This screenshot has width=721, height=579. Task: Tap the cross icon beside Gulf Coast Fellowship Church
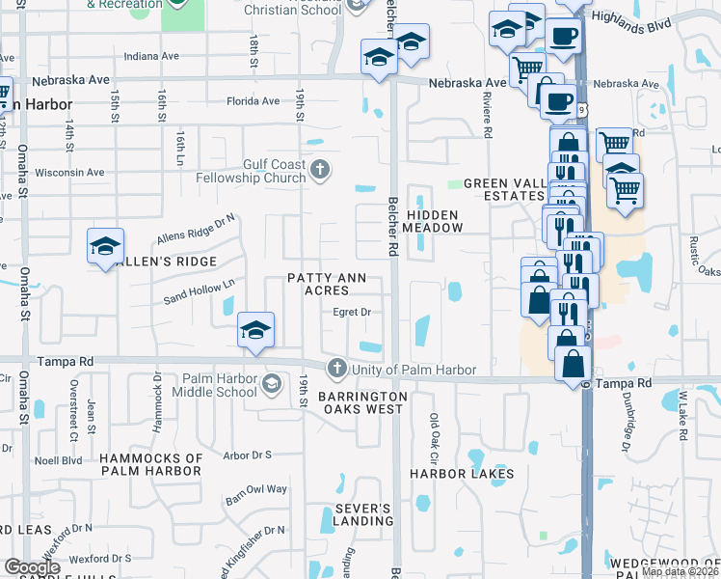tap(321, 172)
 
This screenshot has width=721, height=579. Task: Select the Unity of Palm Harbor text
tap(415, 370)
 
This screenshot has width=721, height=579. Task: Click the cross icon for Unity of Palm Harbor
tap(336, 368)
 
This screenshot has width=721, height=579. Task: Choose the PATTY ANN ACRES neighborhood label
tap(326, 285)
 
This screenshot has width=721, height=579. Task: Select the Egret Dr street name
tap(352, 313)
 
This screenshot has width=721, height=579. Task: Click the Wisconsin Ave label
tap(68, 173)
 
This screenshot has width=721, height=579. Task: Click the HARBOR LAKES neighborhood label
tap(461, 474)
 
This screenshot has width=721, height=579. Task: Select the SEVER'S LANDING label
tap(363, 514)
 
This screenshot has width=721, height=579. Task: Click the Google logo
tap(32, 567)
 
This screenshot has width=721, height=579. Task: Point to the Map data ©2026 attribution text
tap(679, 572)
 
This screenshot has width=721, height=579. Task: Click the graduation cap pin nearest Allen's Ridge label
tap(106, 247)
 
